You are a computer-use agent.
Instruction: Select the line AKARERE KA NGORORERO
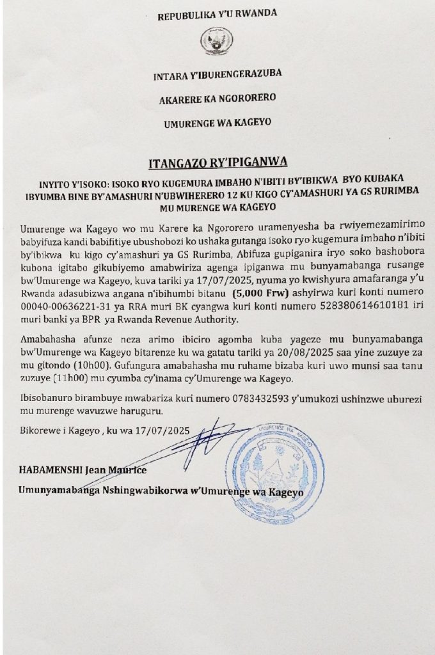[212, 100]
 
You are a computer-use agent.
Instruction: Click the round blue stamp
[276, 462]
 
